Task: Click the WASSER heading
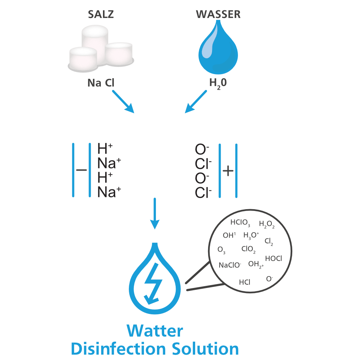[218, 15]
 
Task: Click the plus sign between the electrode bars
[228, 171]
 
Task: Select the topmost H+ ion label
[105, 149]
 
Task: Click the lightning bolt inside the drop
[154, 283]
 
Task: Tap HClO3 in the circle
[240, 223]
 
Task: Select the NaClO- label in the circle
[230, 265]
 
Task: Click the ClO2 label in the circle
[248, 249]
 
